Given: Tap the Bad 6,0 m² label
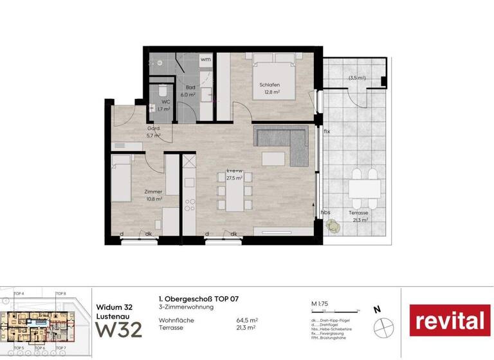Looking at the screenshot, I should pyautogui.click(x=190, y=91).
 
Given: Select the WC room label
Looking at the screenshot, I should pyautogui.click(x=165, y=105).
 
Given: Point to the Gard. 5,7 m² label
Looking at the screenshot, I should pyautogui.click(x=152, y=131).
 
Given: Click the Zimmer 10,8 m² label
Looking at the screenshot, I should pyautogui.click(x=154, y=195).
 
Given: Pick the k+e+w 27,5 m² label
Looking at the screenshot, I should pyautogui.click(x=233, y=175).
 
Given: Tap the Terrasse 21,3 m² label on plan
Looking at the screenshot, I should pyautogui.click(x=358, y=216).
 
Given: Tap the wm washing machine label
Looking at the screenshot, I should pyautogui.click(x=205, y=59).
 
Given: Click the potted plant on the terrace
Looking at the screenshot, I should pyautogui.click(x=332, y=224).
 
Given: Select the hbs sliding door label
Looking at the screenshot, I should pyautogui.click(x=327, y=212).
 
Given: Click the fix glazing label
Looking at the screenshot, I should pyautogui.click(x=327, y=132).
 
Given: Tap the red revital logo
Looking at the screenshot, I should pyautogui.click(x=450, y=320).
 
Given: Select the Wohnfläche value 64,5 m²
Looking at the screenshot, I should pyautogui.click(x=247, y=319).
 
